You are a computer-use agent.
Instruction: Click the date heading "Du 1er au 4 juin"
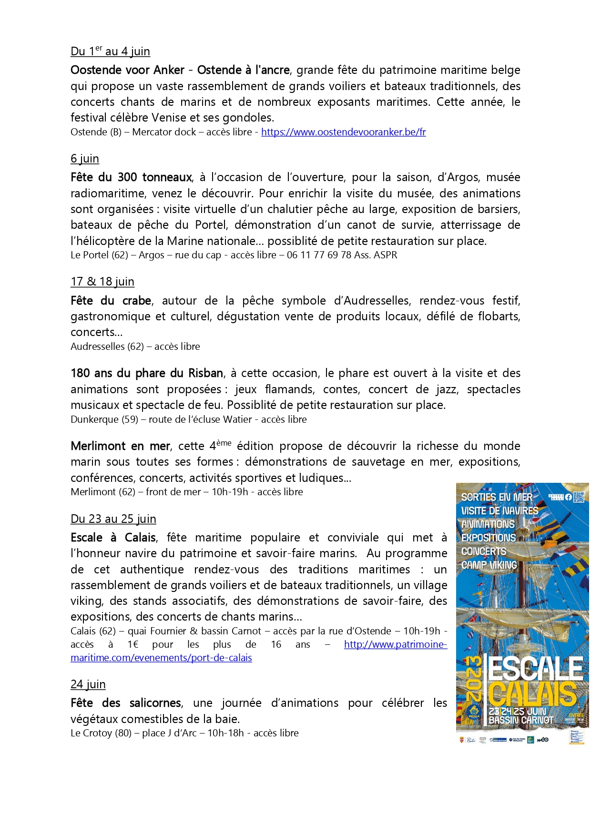110,51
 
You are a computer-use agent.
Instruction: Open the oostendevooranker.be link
343,132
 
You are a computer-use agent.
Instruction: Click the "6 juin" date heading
85,159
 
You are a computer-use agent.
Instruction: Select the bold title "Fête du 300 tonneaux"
131,177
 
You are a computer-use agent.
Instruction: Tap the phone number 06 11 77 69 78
319,255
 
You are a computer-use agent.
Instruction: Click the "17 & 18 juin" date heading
102,282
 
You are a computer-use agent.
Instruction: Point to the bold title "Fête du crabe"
111,301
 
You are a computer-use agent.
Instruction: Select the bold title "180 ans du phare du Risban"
147,373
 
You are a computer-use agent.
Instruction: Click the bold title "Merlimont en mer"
120,446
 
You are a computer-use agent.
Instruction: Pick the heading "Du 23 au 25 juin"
113,519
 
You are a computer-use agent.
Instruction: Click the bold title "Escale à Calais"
113,538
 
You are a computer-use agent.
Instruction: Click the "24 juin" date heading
88,684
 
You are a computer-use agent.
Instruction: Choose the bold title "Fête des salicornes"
126,703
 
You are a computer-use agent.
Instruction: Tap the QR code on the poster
578,497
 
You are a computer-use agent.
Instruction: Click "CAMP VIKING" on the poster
489,565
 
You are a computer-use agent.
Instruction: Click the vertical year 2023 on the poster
474,679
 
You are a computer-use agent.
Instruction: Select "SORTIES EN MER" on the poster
497,497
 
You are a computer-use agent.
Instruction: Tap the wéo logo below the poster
542,740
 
